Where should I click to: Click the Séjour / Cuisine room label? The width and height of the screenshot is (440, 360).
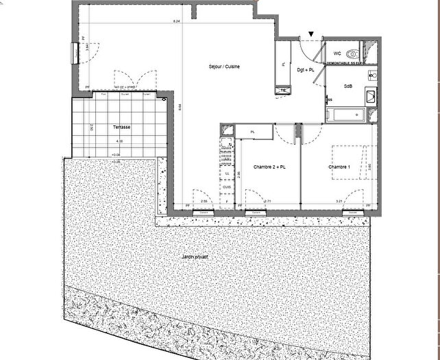pos(223,67)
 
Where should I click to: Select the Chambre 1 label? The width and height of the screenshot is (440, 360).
pos(339,167)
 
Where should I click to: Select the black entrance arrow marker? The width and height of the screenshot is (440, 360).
pos(312,33)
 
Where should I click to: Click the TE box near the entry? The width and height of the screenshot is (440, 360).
pos(282,89)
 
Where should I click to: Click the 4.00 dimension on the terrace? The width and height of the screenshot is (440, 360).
pos(119,141)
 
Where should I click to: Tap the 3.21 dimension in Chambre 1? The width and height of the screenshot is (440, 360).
pos(339,200)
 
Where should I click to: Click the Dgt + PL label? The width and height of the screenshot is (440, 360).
pos(305,69)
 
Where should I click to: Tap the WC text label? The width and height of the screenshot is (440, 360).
pos(337,53)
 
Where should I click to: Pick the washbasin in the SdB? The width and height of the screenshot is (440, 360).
pos(371,97)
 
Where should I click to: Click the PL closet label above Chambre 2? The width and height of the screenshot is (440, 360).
pos(252,132)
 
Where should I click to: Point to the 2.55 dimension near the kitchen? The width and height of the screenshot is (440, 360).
pos(204,200)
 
